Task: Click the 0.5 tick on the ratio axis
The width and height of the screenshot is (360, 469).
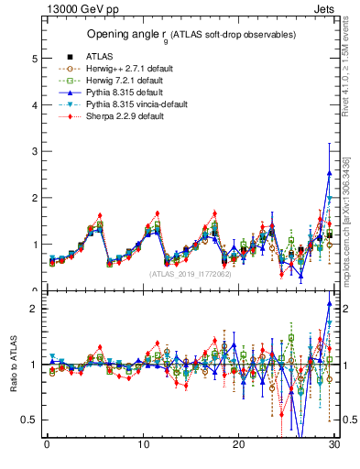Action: [29, 420]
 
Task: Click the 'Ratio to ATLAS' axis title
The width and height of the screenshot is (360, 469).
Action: [11, 364]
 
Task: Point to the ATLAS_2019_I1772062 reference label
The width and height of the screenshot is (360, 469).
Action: [191, 273]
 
